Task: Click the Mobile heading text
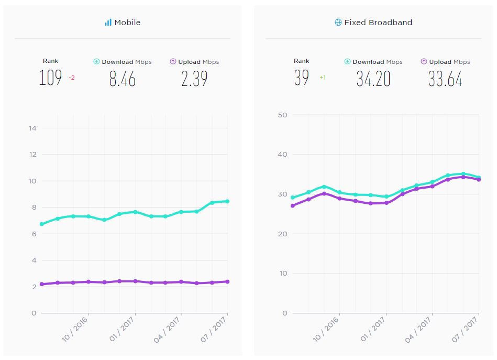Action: [127, 23]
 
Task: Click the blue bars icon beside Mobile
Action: [108, 23]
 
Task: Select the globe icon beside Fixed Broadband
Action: [338, 23]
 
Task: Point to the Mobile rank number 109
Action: [50, 78]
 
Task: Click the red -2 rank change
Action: [72, 78]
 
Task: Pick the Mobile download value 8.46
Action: [122, 79]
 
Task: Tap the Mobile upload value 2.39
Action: [194, 79]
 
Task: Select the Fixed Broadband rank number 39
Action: [302, 78]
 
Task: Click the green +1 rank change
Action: [323, 78]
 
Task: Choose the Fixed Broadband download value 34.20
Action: [373, 79]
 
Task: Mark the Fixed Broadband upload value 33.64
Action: [445, 79]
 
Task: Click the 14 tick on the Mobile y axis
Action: [32, 128]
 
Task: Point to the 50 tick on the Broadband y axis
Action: [283, 115]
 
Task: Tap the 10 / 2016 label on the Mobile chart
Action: [73, 330]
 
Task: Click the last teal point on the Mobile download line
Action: [227, 201]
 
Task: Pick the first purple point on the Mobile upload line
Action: [41, 285]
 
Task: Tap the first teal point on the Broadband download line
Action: [293, 198]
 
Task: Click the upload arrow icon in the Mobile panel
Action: [173, 61]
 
